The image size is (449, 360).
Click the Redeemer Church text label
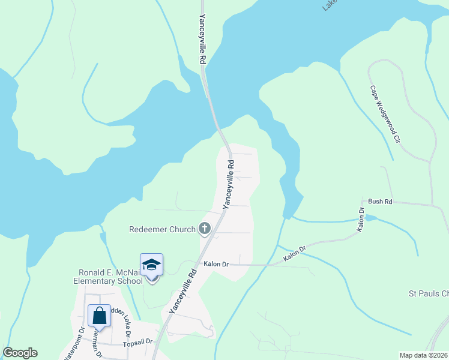click(x=162, y=229)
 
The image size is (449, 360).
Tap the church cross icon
click(x=205, y=229)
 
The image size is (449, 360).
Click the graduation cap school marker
click(x=151, y=265)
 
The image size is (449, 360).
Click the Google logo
click(x=20, y=353)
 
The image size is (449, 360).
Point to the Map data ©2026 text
click(x=423, y=355)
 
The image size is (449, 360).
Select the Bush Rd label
click(x=380, y=202)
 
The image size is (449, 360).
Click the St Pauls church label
click(x=428, y=293)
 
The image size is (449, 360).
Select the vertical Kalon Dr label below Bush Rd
click(x=361, y=220)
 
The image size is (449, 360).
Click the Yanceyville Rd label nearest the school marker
click(x=182, y=292)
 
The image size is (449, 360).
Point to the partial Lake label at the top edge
click(x=329, y=5)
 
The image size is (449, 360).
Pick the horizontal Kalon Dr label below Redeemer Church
click(x=217, y=264)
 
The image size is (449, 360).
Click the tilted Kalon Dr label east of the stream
click(x=295, y=253)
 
